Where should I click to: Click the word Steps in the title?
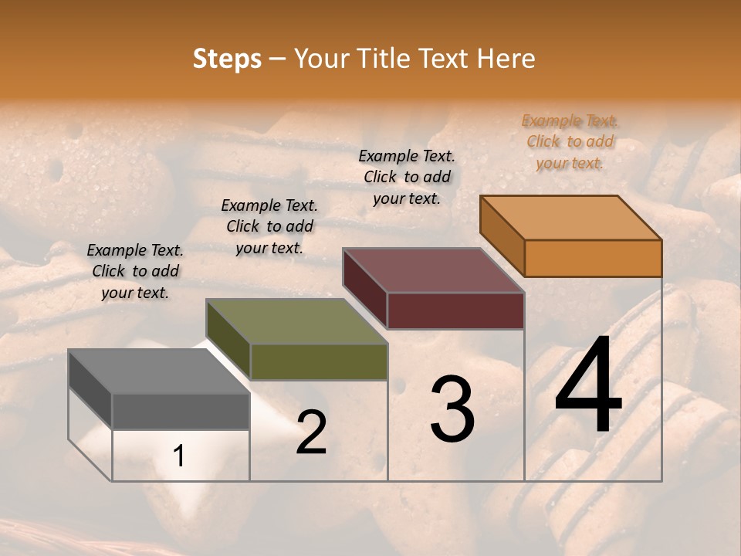coord(227,59)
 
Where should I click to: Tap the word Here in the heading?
coord(506,59)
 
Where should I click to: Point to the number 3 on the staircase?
coord(452,409)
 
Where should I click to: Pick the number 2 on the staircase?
coord(311,432)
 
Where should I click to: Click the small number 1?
coord(179,456)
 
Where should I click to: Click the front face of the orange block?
coord(593,258)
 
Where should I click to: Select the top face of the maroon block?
coord(434,270)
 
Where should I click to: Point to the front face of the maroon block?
coord(455,310)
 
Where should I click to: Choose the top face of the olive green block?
coord(296,321)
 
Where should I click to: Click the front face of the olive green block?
coord(318,361)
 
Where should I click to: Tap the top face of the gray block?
coord(159,371)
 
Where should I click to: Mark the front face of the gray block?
coord(181,411)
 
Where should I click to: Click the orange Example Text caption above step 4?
coord(570,141)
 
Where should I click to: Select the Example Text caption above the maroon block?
coord(407,177)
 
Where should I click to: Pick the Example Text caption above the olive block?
coord(269,226)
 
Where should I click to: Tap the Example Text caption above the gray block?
coord(135,271)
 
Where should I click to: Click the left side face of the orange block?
coord(502,235)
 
